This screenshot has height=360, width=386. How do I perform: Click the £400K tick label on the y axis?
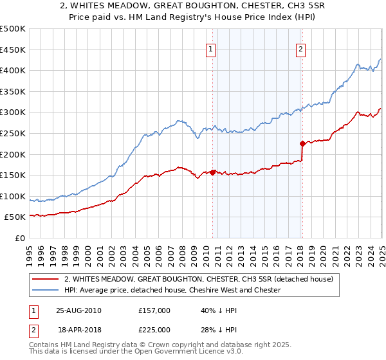(13, 70)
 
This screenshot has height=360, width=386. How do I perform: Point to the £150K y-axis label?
(13, 175)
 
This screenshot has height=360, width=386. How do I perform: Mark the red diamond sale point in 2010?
(213, 172)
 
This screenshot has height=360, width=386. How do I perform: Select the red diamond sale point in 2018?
(302, 143)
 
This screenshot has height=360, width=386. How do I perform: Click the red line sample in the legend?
(45, 279)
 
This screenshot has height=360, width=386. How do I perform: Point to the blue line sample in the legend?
(45, 290)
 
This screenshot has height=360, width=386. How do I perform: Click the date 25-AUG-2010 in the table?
(78, 310)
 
